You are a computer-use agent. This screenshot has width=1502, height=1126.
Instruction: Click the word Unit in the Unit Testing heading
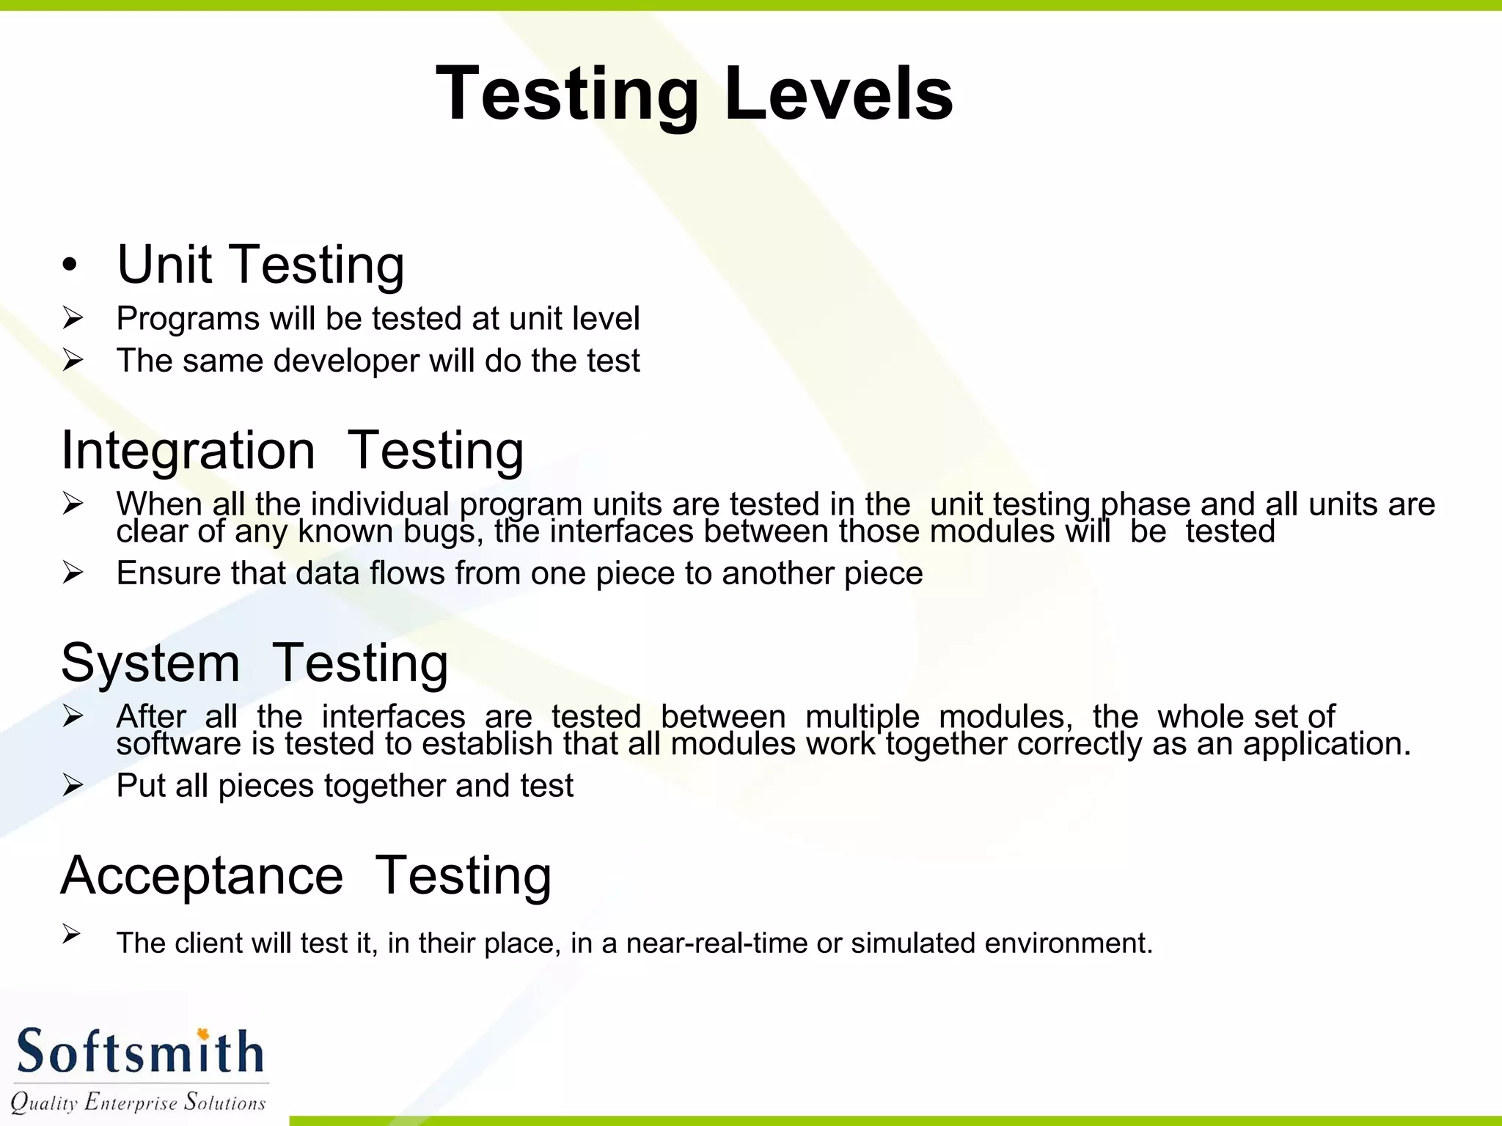click(164, 265)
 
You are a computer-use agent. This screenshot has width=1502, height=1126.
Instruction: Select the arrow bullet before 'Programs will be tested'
click(73, 318)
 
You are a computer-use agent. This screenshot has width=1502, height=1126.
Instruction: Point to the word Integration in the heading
click(188, 450)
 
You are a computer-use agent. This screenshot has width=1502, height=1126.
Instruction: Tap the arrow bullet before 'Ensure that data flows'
click(73, 573)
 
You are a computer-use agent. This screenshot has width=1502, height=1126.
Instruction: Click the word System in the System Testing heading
click(150, 663)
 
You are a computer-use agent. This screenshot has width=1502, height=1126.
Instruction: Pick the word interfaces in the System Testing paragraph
click(393, 716)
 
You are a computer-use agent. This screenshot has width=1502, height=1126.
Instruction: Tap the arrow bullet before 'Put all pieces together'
click(73, 785)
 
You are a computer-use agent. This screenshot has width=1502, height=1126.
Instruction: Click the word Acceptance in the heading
click(202, 875)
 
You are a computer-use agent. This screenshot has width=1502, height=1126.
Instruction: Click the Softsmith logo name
click(139, 1052)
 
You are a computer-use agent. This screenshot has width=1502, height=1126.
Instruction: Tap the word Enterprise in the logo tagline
click(131, 1102)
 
